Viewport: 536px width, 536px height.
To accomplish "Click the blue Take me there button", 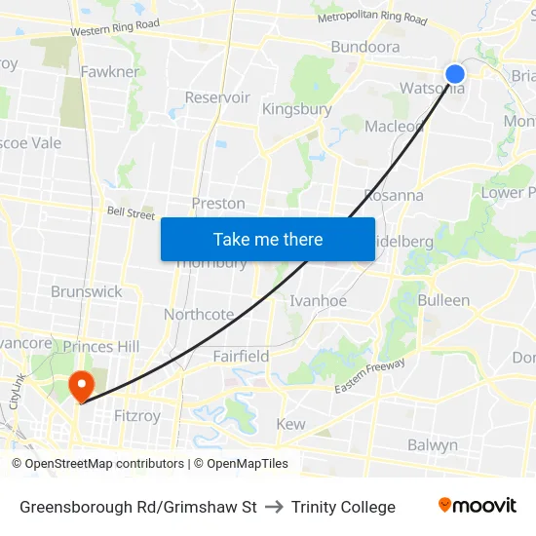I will pos(268,239).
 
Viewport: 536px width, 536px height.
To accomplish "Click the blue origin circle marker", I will pos(455,74).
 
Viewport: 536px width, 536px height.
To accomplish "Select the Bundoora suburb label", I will pos(365,47).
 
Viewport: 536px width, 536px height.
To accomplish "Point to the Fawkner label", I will pos(110,71).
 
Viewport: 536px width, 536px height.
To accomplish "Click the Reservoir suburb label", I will pos(217,97).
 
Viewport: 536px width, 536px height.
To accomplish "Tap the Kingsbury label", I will pos(297,109).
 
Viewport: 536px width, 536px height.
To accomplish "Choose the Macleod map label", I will pos(394,126).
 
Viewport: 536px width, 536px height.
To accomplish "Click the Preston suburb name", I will pos(218,203).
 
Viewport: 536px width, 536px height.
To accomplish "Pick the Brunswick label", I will pos(87,291).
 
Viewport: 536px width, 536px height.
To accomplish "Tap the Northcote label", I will pos(199,314).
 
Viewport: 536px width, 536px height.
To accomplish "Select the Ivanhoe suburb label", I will pos(319,300).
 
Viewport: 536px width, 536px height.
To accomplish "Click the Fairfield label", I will pos(242,357).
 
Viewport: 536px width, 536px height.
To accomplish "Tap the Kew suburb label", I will pos(290,424).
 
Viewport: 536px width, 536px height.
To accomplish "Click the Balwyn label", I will pos(433,445).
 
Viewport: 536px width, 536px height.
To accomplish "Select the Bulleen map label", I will pos(443,300).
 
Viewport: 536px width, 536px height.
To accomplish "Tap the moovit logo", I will pos(478,505).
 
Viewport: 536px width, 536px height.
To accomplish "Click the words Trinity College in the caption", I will pos(343,507).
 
